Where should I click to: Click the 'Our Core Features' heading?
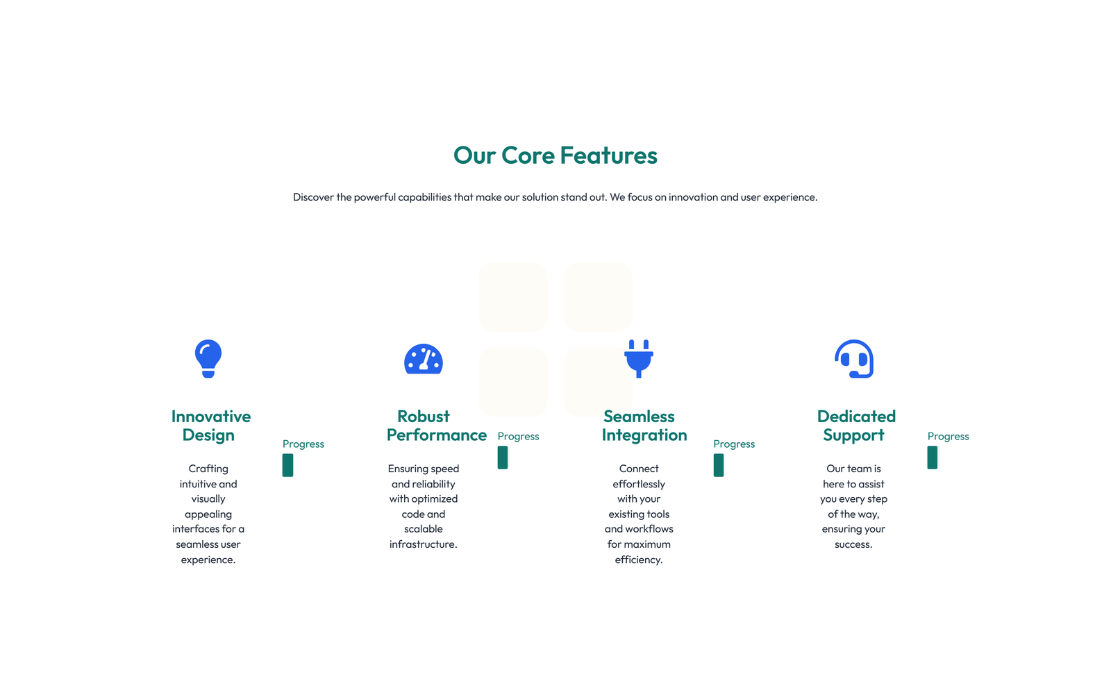coord(555,156)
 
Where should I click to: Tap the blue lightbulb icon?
coord(208,359)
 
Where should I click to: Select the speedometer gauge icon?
coord(423,359)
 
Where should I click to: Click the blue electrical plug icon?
coord(639,359)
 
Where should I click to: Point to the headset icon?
coord(854,359)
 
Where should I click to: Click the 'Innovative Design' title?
coord(211,426)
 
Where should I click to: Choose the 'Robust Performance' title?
coord(437,426)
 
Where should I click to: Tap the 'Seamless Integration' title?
coord(644,426)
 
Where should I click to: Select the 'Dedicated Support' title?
coord(856,426)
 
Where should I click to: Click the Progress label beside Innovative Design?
coord(303,444)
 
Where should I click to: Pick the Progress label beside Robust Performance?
coord(518,437)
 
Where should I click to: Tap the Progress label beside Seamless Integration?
coord(734,444)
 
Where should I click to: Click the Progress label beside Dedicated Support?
coord(949,437)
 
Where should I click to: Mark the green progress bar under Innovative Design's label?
coord(287,465)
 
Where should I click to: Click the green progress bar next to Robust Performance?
coord(503,458)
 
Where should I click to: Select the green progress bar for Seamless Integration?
coord(718,465)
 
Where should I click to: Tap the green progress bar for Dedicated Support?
coord(933,458)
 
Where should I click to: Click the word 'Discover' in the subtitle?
coord(313,197)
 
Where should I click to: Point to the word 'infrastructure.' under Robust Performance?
coord(423,544)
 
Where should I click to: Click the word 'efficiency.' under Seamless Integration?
coord(639,560)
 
